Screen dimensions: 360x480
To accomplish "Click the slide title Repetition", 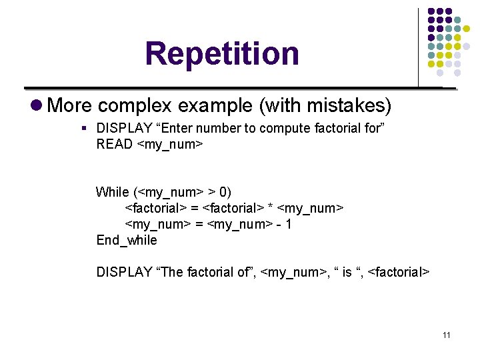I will [x=222, y=53].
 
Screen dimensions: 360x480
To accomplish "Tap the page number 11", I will [x=446, y=335].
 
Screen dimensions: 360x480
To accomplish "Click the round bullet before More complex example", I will [x=37, y=105].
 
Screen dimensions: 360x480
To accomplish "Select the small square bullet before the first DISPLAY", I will [x=84, y=128].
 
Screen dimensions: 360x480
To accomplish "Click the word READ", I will [x=114, y=144].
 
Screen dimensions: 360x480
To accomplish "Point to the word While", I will [x=113, y=192].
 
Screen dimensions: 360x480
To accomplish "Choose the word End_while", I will [x=127, y=240].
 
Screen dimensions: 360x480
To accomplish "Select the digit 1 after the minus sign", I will [x=288, y=224].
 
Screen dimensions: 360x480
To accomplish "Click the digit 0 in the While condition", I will [x=223, y=192].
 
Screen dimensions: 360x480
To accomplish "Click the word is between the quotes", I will [x=347, y=272].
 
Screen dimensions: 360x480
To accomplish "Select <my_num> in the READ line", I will [x=169, y=144].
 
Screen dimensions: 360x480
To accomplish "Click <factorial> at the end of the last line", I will [x=399, y=272].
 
